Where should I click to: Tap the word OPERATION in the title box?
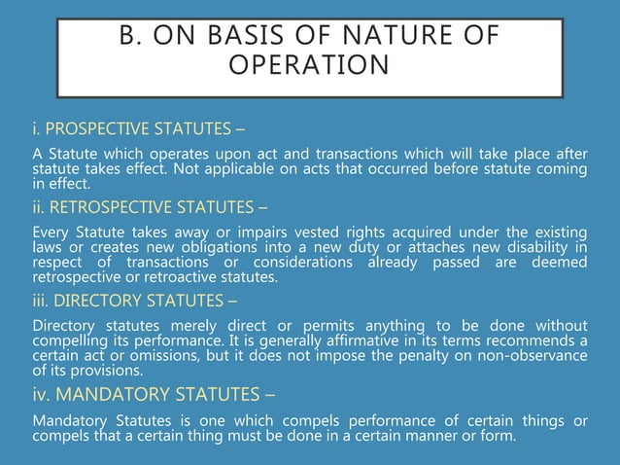point(309,66)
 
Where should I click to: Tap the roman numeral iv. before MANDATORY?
point(41,395)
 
